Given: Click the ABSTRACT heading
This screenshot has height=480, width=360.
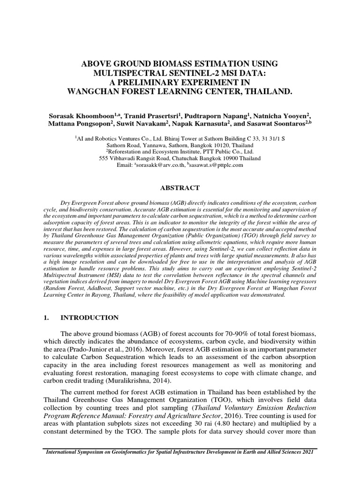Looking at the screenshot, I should [x=180, y=188].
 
